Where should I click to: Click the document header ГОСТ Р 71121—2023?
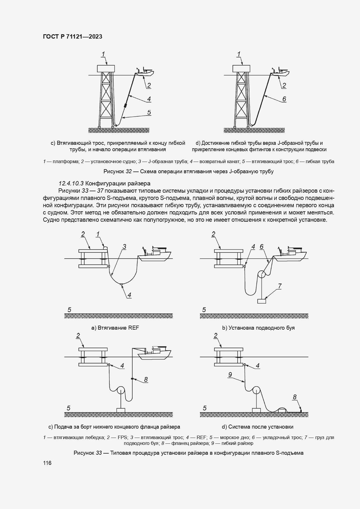73,37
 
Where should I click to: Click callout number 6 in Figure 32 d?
284,99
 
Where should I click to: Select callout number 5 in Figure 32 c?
149,113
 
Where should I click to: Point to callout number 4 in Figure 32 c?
149,99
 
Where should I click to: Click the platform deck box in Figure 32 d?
241,68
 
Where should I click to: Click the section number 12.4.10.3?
71,183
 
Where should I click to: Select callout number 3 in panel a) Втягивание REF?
124,247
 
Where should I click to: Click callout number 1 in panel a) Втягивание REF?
98,234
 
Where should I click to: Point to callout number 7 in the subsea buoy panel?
280,286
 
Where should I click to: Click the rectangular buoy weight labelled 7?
262,301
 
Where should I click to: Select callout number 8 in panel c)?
146,379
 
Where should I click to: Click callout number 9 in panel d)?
230,375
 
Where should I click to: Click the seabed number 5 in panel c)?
68,408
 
